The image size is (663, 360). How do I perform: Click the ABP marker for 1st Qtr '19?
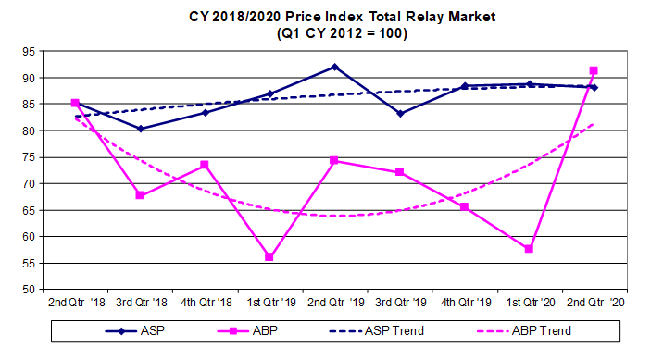269,256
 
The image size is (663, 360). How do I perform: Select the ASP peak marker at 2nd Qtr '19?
334,67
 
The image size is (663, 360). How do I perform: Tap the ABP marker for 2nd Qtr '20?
594,70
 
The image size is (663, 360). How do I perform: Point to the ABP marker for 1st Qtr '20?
529,249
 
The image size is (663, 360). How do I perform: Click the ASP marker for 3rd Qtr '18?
140,129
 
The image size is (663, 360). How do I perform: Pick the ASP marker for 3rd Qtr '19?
399,113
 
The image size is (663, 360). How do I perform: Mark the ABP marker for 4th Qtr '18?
205,165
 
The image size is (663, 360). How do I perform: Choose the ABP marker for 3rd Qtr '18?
140,195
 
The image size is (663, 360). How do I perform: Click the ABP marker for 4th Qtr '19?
464,206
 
